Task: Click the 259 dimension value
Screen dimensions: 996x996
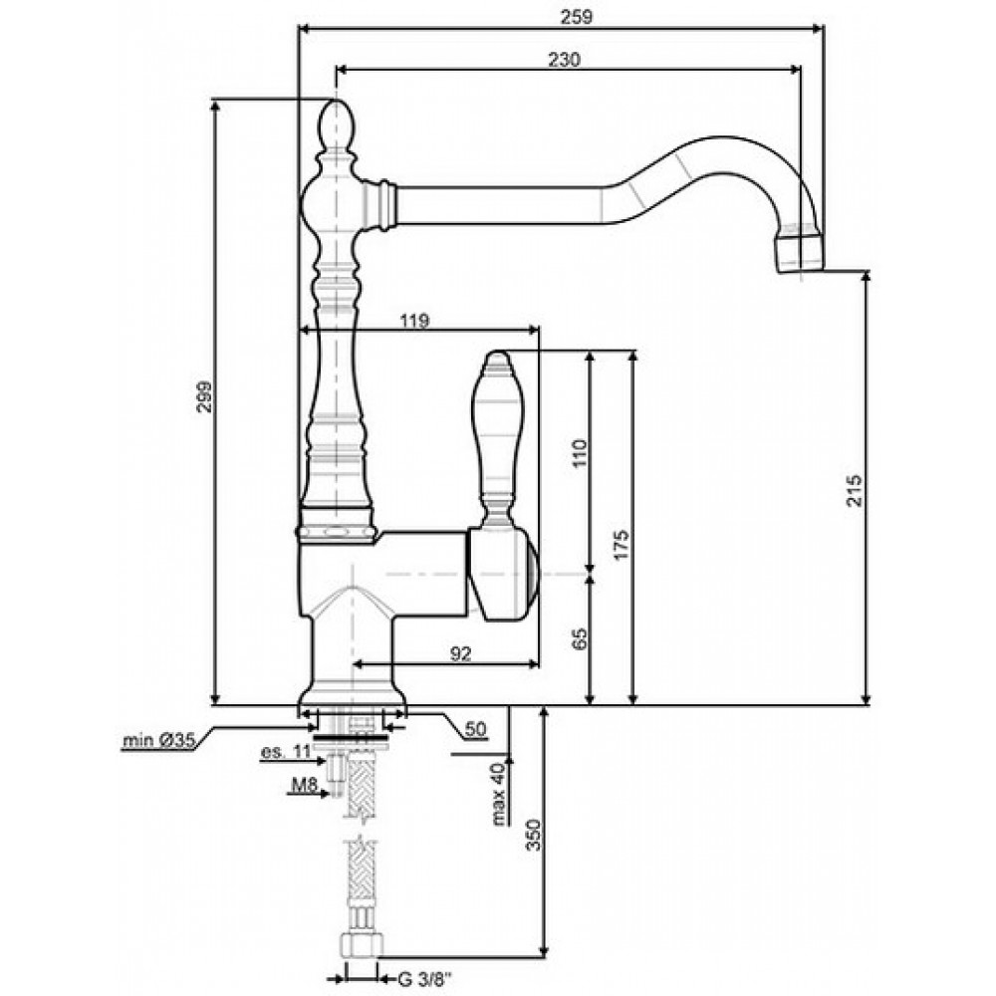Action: point(576,17)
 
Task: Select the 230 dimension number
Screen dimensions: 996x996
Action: point(564,60)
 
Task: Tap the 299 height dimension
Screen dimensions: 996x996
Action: point(204,397)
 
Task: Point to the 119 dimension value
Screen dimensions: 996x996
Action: point(414,322)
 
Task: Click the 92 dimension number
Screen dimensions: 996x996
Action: point(460,653)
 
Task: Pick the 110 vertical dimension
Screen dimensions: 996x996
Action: point(580,453)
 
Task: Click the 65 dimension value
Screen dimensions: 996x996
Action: point(580,639)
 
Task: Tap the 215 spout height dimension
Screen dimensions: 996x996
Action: point(855,490)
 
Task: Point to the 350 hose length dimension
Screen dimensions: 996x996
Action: point(533,836)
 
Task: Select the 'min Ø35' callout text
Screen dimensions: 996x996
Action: point(158,740)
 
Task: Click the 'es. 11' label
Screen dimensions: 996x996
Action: point(285,752)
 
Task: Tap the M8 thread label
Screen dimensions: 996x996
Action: point(304,786)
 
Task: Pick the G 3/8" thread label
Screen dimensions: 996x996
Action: point(424,980)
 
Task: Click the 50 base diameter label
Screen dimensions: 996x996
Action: point(476,729)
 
